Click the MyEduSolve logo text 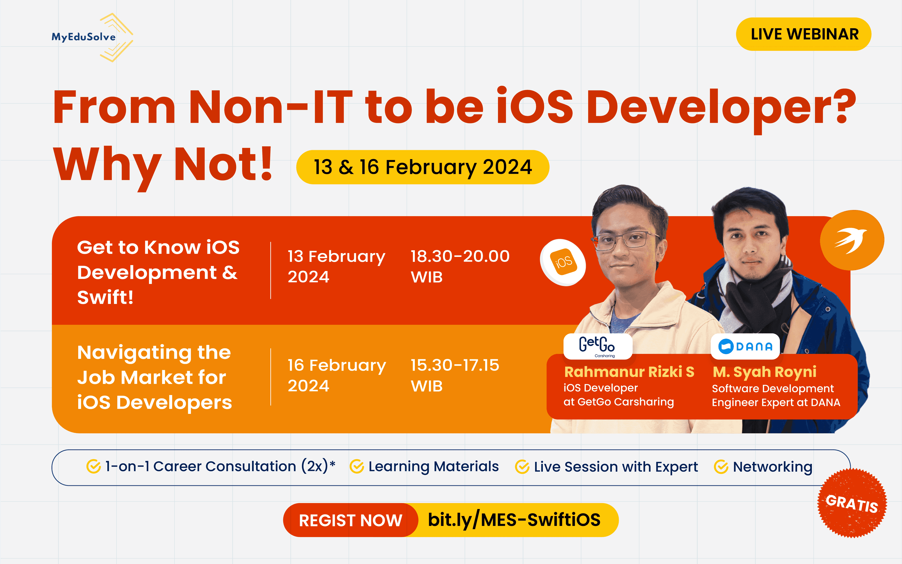[x=83, y=37]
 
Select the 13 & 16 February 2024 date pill [x=422, y=167]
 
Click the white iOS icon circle [x=563, y=262]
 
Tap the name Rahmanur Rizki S [x=629, y=372]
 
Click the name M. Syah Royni [x=764, y=372]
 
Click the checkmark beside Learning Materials [x=357, y=467]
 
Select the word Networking [x=772, y=467]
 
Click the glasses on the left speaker [x=626, y=241]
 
